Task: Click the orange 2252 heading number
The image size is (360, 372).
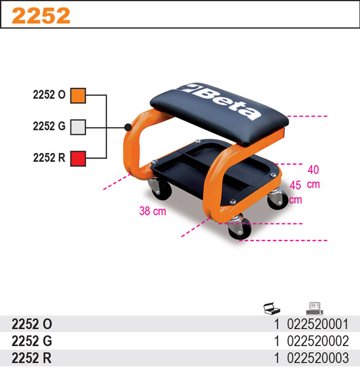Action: point(41,16)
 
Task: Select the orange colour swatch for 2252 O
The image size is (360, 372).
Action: point(78,95)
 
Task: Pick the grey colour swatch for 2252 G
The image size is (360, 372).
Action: point(78,126)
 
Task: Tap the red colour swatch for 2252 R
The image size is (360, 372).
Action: point(78,158)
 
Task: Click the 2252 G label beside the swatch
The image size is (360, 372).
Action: point(49,126)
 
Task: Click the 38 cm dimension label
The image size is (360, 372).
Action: point(152,211)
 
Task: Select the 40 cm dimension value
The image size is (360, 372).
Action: point(313,170)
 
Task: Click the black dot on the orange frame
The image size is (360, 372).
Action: point(128,127)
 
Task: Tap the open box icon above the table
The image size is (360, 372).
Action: point(272,308)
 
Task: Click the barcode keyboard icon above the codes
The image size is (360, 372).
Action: point(314,308)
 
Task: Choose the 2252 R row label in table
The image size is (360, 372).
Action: point(32,357)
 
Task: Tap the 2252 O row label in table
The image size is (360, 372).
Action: point(32,324)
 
